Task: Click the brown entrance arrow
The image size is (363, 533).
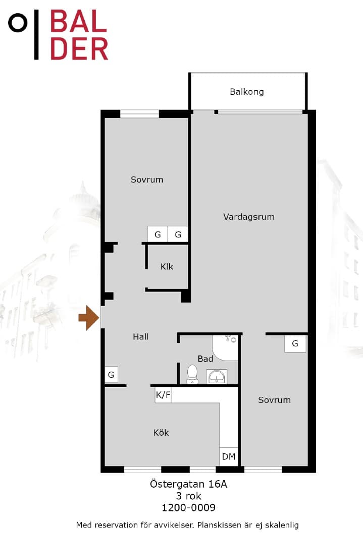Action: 89,318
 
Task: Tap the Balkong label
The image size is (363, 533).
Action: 247,92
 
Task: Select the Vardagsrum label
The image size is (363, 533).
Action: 249,217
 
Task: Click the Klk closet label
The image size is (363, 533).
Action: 167,266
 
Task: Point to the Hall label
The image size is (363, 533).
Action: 140,336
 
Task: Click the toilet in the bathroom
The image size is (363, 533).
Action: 192,375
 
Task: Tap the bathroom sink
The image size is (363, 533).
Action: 217,377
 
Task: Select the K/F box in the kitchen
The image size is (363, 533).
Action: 163,395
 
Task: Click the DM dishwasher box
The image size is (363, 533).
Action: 229,456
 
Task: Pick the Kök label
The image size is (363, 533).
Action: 161,432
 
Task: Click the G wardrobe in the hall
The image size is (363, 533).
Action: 111,375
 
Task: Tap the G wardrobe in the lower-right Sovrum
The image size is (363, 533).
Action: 295,344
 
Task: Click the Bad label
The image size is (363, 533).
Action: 205,359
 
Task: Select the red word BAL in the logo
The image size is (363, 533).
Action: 79,21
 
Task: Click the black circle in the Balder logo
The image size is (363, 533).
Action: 18,23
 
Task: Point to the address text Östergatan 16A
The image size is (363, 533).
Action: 188,484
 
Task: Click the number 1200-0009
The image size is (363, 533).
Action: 188,507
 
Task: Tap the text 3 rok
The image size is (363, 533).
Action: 188,496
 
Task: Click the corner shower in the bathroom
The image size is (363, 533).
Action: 225,348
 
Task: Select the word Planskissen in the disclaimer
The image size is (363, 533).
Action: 220,525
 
